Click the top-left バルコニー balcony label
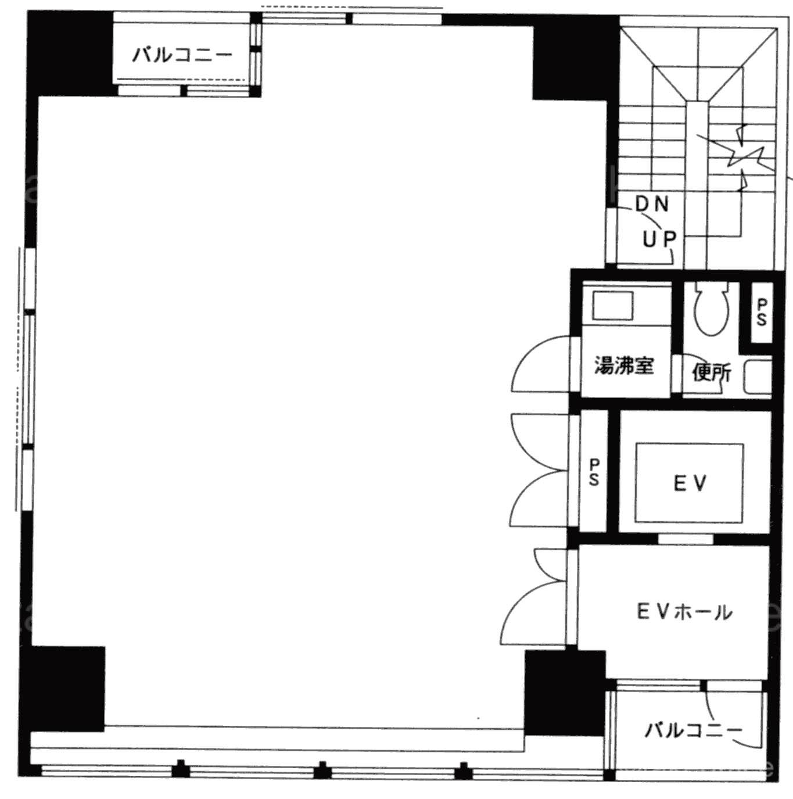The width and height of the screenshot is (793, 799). (x=182, y=55)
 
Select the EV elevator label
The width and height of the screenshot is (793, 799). (x=690, y=483)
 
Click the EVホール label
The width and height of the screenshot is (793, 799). (x=684, y=612)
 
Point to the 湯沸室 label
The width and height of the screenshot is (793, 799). (x=624, y=366)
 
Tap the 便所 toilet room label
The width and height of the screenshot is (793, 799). (x=712, y=372)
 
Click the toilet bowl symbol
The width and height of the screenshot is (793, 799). (x=711, y=308)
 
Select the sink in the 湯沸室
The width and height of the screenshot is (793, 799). (x=613, y=306)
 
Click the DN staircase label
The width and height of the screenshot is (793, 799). (x=652, y=203)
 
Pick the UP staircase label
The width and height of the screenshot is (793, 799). (x=659, y=239)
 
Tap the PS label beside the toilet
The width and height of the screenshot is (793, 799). (x=762, y=312)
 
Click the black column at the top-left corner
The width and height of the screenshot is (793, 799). (x=70, y=53)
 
